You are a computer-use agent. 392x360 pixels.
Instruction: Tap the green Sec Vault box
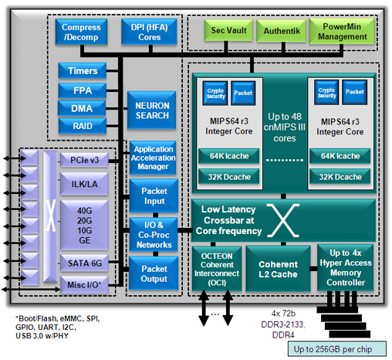(x=228, y=32)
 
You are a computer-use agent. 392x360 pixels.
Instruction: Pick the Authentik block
(x=280, y=32)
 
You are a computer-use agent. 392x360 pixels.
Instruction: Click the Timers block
(x=83, y=71)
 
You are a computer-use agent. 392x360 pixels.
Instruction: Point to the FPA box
(x=83, y=90)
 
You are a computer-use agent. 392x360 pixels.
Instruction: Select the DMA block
(x=83, y=108)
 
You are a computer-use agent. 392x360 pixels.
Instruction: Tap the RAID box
(x=83, y=126)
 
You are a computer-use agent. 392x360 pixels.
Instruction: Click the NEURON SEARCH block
(x=152, y=110)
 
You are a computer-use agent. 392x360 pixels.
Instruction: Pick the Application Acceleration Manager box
(x=152, y=157)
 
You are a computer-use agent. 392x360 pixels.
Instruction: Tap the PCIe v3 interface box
(x=83, y=161)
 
